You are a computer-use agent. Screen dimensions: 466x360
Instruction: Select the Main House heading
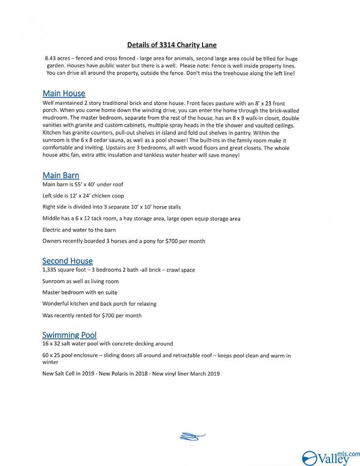64,93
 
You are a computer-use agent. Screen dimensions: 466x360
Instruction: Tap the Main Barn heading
61,175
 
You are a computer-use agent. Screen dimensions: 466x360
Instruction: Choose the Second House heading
67,261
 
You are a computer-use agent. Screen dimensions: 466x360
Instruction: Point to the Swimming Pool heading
69,335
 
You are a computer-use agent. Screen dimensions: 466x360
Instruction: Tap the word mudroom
55,118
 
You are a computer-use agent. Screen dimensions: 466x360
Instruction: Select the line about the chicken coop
83,196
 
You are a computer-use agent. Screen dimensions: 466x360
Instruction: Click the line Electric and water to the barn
79,230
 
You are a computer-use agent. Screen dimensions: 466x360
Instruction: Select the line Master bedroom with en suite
80,293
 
